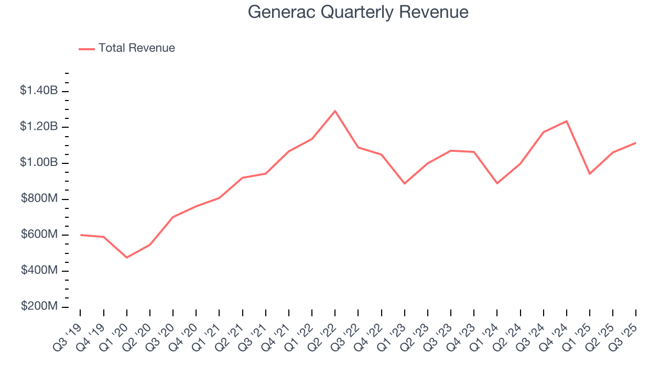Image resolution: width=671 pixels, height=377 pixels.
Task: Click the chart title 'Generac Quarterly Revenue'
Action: (x=358, y=12)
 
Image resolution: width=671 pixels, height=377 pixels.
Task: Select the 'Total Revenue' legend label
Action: (x=136, y=48)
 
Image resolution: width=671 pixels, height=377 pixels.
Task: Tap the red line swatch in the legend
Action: (x=86, y=49)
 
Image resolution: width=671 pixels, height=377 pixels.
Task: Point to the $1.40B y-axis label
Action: (x=39, y=91)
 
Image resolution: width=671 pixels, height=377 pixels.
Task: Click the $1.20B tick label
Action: (x=39, y=127)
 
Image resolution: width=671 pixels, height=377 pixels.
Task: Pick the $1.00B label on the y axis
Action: (x=39, y=162)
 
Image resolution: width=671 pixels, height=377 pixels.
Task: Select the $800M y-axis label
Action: (x=39, y=198)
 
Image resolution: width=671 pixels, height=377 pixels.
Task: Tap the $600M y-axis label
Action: (x=39, y=234)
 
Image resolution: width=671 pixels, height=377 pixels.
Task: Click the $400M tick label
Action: (x=39, y=270)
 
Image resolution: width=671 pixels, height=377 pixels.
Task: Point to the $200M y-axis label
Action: (x=39, y=306)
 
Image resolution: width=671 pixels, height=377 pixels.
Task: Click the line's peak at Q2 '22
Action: (x=335, y=111)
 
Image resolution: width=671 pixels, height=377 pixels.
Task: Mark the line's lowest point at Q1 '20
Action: (x=127, y=257)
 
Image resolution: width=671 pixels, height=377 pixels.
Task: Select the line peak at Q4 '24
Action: (x=566, y=121)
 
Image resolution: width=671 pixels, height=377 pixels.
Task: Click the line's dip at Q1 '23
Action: (x=404, y=183)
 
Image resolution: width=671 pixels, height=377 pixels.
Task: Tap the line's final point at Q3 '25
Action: (x=635, y=143)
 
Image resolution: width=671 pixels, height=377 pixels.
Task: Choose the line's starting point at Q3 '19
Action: (x=81, y=235)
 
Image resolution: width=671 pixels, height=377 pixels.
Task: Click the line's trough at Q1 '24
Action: (x=497, y=183)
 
